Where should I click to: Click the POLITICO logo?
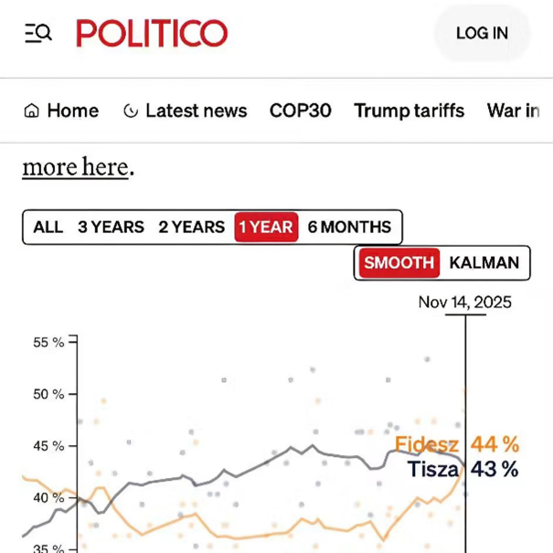[x=152, y=34]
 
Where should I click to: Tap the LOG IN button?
[x=482, y=34]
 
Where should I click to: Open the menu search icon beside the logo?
[x=37, y=34]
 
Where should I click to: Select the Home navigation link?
[x=61, y=111]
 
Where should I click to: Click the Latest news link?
[x=185, y=111]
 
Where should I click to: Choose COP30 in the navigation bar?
[x=300, y=111]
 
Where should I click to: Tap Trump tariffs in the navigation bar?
[x=409, y=111]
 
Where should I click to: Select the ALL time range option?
[x=48, y=227]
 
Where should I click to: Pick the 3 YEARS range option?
[x=111, y=227]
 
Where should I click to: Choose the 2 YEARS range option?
[x=191, y=227]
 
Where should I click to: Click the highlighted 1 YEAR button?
[x=266, y=227]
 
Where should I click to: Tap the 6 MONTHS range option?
[x=349, y=227]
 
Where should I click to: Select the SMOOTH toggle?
[x=399, y=263]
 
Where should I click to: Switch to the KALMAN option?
[x=484, y=263]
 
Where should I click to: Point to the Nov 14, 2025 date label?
[x=464, y=303]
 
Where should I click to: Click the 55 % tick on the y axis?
[x=48, y=343]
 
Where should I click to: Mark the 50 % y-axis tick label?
[x=48, y=395]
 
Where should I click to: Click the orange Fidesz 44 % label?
[x=456, y=445]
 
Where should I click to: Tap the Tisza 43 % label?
[x=463, y=469]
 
